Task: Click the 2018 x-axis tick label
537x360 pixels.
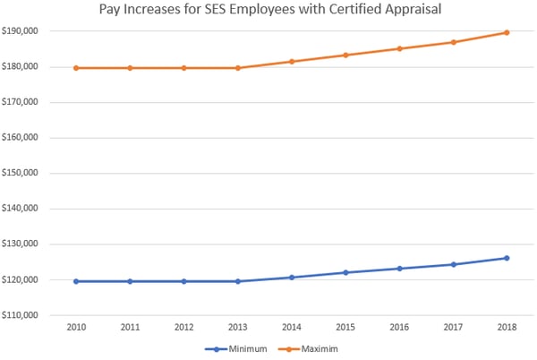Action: coord(507,329)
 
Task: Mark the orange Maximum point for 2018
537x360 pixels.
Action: coord(507,32)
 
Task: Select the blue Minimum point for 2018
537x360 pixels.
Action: coord(507,258)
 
